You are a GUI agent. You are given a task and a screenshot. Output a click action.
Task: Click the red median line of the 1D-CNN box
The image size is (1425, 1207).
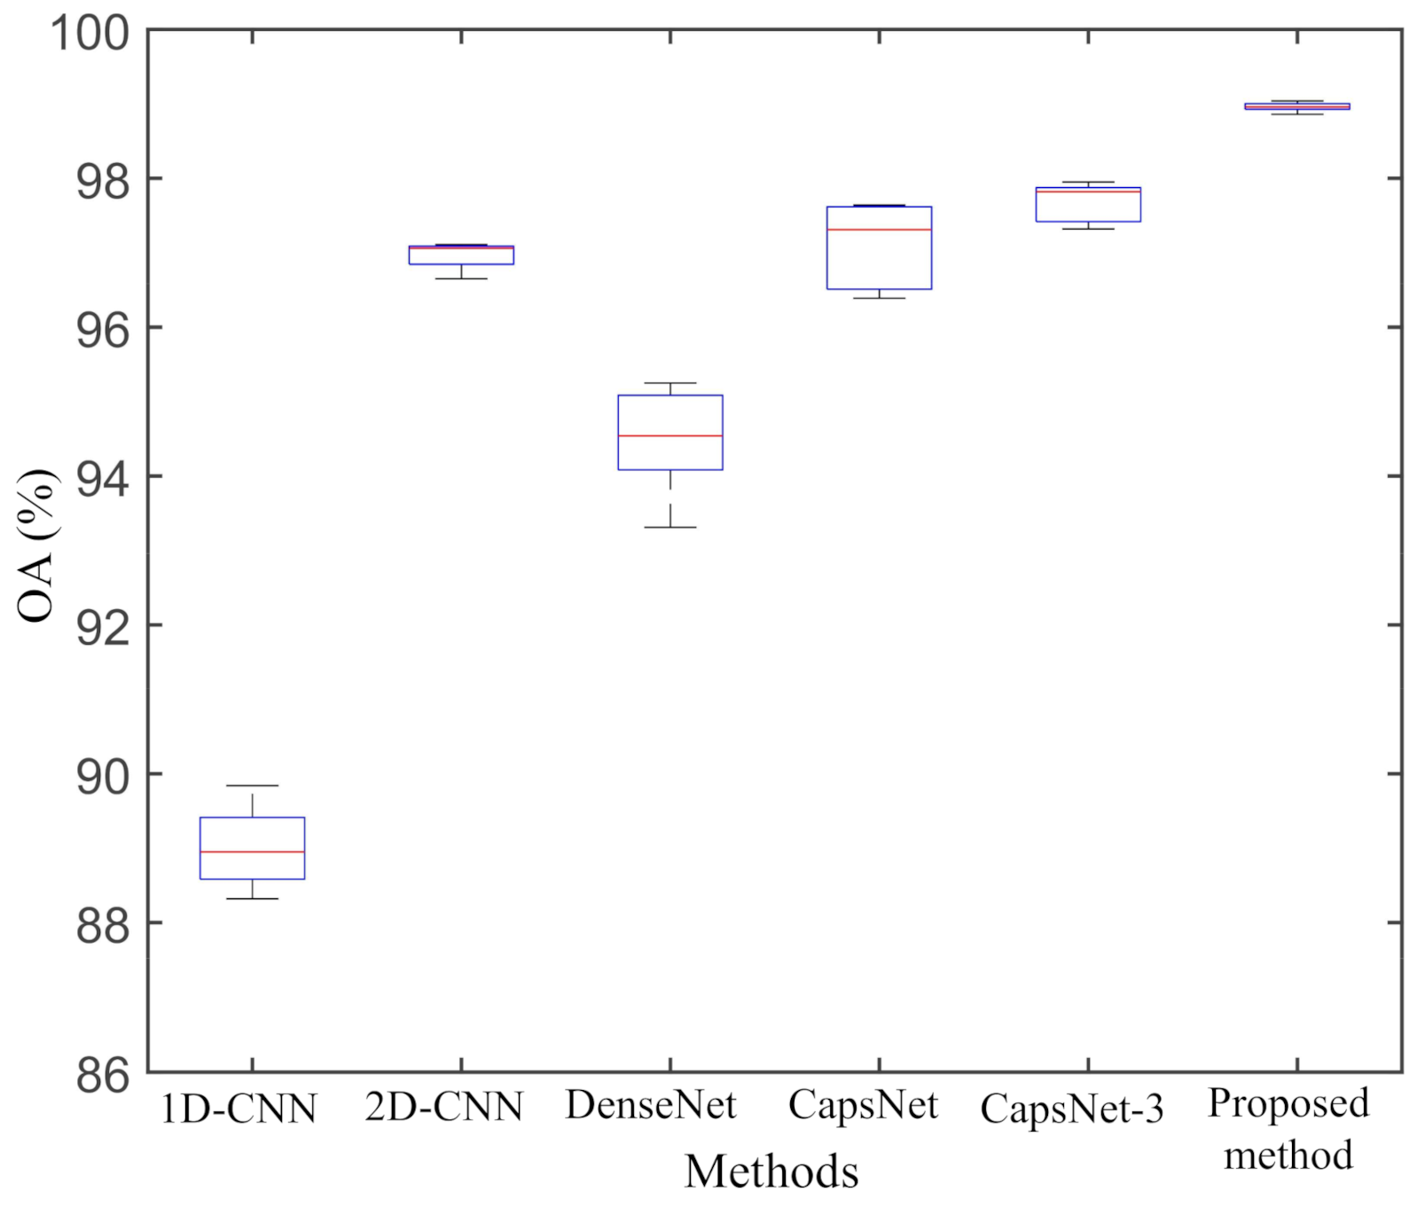[x=252, y=851]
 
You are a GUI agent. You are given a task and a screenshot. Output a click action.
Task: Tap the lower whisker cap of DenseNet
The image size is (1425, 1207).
[x=669, y=527]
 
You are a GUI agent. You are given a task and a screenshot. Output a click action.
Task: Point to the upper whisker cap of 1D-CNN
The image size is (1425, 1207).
[x=252, y=786]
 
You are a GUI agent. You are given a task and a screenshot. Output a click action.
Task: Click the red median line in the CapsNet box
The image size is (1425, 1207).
[x=879, y=230]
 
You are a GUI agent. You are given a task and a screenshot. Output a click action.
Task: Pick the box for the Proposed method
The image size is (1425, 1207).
[x=1296, y=106]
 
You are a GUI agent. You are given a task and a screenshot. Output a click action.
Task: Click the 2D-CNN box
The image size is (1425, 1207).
[x=461, y=256]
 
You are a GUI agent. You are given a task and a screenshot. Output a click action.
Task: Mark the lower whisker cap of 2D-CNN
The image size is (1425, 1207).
[x=461, y=278]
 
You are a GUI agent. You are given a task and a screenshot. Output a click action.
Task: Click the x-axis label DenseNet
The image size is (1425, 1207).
[x=651, y=1106]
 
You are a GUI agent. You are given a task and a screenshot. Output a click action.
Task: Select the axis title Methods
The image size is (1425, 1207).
[x=771, y=1172]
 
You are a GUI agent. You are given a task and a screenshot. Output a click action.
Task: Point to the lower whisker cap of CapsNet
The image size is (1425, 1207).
[x=879, y=298]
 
